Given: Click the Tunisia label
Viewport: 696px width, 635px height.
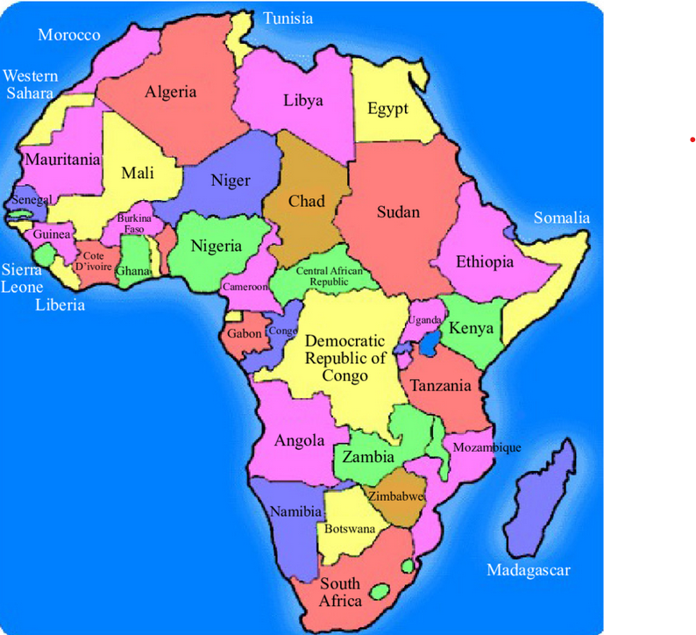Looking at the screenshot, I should click(x=288, y=18).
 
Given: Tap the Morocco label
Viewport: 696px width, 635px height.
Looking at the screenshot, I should click(x=69, y=35).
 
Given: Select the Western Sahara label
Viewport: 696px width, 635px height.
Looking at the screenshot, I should click(x=31, y=84).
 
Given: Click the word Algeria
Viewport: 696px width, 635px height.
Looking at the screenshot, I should click(x=171, y=92).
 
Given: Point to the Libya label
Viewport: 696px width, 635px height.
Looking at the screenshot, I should click(x=303, y=100).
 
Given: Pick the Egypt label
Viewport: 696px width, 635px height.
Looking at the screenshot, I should click(x=387, y=110).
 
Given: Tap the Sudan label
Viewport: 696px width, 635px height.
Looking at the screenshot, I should click(x=399, y=211).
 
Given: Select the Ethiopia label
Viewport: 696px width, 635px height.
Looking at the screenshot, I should click(x=485, y=261).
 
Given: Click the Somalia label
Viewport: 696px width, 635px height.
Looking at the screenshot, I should click(x=562, y=218).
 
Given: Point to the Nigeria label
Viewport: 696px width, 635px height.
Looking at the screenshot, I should click(x=217, y=246).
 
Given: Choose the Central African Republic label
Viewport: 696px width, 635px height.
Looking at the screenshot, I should click(x=329, y=277).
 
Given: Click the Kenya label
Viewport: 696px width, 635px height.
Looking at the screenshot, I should click(x=471, y=329).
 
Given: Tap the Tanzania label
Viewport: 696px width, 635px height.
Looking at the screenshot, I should click(x=441, y=385).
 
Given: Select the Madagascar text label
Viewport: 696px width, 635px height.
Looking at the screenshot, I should click(x=529, y=571).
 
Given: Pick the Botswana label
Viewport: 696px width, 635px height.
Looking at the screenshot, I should click(x=350, y=529).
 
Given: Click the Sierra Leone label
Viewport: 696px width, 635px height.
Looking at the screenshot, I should click(x=22, y=278).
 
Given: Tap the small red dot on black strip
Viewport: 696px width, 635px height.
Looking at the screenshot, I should click(x=692, y=139).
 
